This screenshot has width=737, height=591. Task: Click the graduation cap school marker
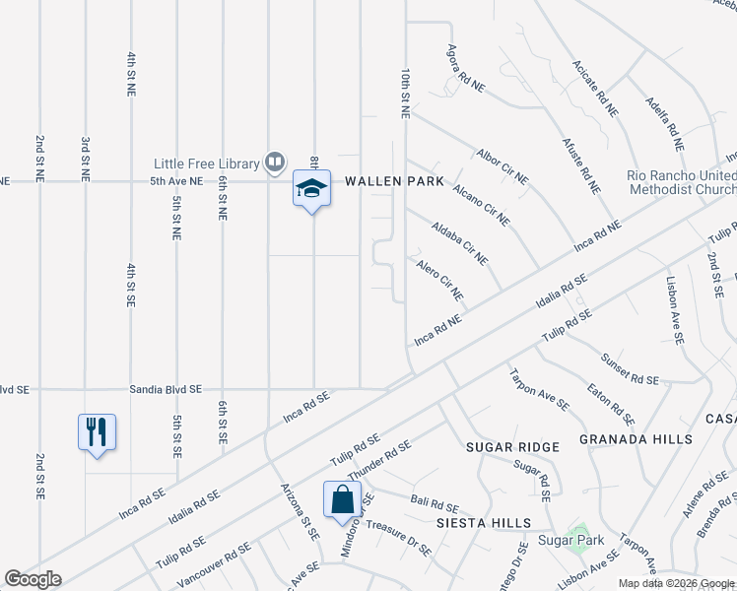pos(311,189)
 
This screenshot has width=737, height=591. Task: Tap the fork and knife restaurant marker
pos(97,432)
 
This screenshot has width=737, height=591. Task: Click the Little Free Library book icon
pos(275,163)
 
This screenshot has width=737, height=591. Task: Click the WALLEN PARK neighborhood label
pos(394,183)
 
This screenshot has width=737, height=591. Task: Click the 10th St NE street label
pos(405,94)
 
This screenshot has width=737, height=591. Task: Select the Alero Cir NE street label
pos(440,282)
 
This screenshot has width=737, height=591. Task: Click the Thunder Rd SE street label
pos(379,460)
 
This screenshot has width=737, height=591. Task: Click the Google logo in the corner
pos(33,579)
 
